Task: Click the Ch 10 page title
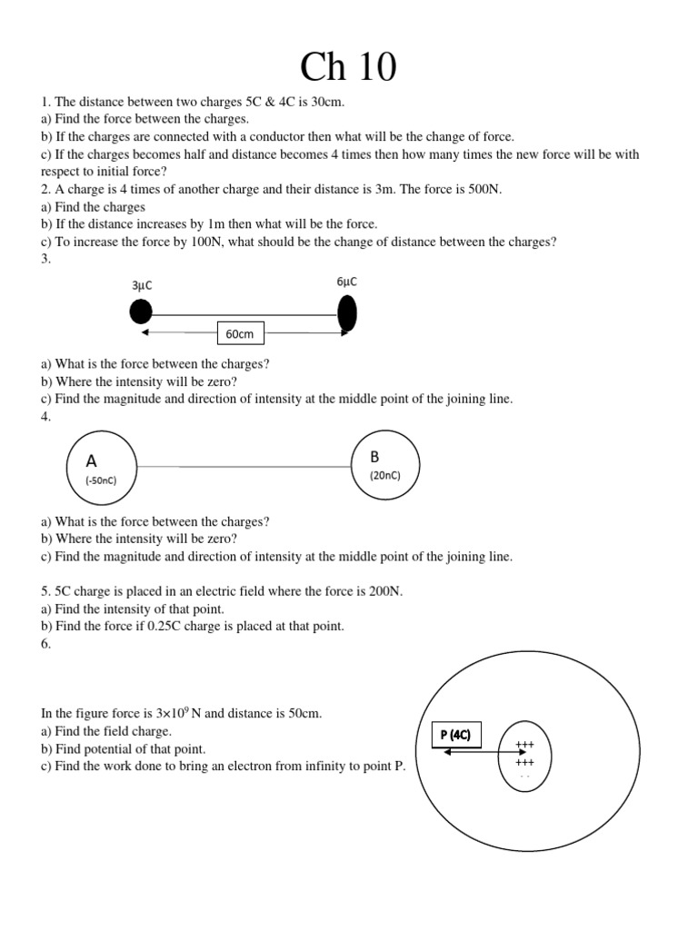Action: click(349, 68)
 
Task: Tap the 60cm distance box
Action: click(239, 334)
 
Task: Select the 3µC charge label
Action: click(142, 285)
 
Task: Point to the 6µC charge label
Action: click(346, 282)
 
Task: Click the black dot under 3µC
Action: click(141, 312)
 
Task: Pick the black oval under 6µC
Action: click(346, 313)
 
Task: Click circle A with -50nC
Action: click(103, 466)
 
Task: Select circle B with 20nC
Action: click(385, 465)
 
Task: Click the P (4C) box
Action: click(456, 735)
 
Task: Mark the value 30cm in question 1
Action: click(326, 103)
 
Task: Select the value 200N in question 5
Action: click(383, 591)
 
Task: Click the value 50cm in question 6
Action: click(304, 714)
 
